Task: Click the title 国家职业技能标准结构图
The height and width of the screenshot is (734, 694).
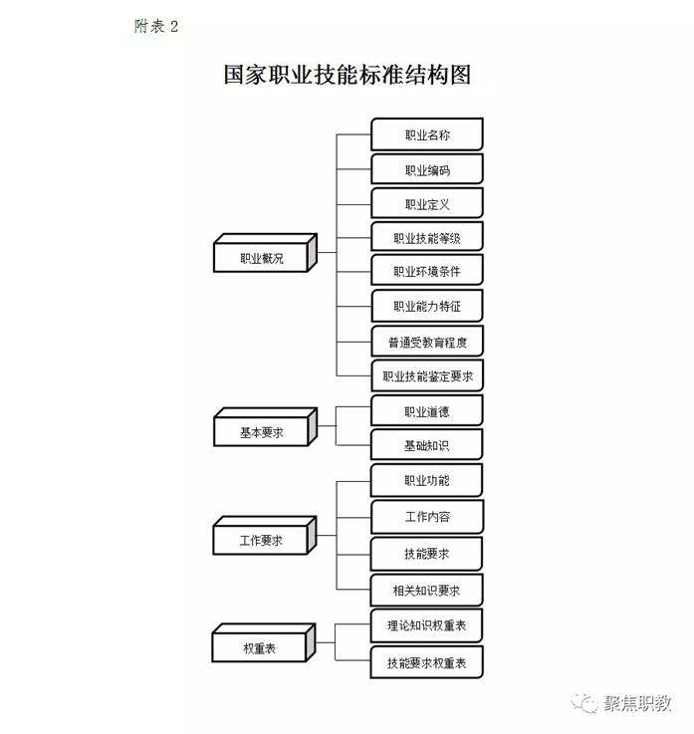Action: (346, 76)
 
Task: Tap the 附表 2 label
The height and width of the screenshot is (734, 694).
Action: (156, 27)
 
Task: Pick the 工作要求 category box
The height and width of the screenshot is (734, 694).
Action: (262, 541)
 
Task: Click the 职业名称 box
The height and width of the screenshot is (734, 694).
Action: (426, 135)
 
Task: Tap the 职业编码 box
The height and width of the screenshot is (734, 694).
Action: (426, 170)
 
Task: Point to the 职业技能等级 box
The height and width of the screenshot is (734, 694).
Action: (426, 239)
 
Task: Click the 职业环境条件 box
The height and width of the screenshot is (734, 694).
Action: (426, 272)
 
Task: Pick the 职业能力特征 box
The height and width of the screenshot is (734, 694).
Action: (426, 307)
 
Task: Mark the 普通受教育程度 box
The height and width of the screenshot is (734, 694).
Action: (426, 343)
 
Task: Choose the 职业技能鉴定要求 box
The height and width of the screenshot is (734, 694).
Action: (426, 377)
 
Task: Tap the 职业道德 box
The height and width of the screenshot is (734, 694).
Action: (426, 411)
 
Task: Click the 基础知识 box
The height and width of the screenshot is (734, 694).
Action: (426, 445)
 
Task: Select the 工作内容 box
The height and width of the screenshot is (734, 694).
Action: (426, 517)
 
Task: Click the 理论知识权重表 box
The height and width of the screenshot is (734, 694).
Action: (426, 626)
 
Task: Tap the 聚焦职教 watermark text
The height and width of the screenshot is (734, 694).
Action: (637, 703)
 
